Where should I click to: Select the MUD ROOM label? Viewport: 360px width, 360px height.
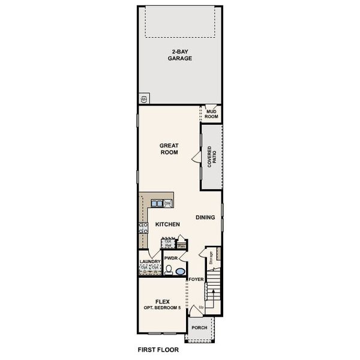[x=211, y=113]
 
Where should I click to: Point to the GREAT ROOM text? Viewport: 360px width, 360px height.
[x=169, y=148]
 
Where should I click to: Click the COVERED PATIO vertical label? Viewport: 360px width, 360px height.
[x=211, y=157]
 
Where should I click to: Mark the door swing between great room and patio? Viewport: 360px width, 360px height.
[x=196, y=157]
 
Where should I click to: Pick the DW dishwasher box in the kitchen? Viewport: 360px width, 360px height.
[x=168, y=203]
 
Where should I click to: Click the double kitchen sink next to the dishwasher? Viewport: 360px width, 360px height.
[x=157, y=203]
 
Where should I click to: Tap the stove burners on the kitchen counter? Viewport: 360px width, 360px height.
[x=143, y=227]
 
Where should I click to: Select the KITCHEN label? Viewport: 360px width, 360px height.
[x=168, y=224]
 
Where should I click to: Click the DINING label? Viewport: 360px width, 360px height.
[x=205, y=217]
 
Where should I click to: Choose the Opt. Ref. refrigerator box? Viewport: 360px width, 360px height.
[x=169, y=244]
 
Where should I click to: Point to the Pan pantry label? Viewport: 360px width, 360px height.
[x=181, y=245]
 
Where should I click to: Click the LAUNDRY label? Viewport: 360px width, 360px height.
[x=149, y=262]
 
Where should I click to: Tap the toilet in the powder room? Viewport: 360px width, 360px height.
[x=169, y=270]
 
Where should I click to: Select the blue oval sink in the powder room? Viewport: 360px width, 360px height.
[x=180, y=271]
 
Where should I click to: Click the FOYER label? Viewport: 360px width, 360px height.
[x=196, y=280]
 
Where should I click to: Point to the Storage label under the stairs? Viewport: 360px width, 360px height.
[x=211, y=258]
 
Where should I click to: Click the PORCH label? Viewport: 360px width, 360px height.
[x=199, y=328]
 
